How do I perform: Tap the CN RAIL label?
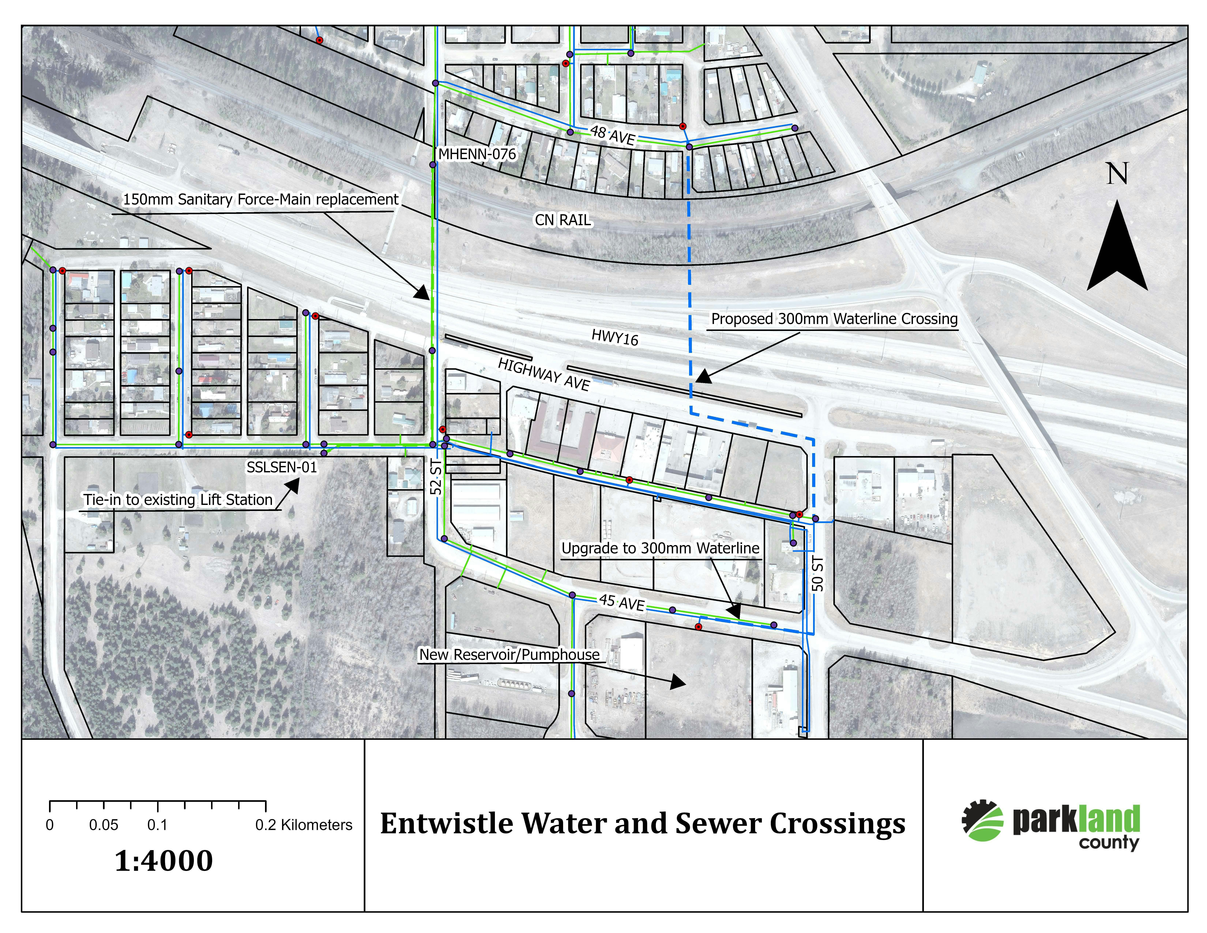click(x=563, y=220)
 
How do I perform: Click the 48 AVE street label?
click(x=612, y=135)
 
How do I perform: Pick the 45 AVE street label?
click(x=622, y=602)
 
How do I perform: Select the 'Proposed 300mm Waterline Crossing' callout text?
click(x=834, y=319)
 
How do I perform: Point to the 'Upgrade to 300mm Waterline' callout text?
click(x=660, y=548)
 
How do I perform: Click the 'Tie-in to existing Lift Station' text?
click(x=178, y=500)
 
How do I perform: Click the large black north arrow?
click(x=1117, y=249)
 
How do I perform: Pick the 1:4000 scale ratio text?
click(x=164, y=861)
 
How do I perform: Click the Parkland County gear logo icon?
click(x=982, y=821)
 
